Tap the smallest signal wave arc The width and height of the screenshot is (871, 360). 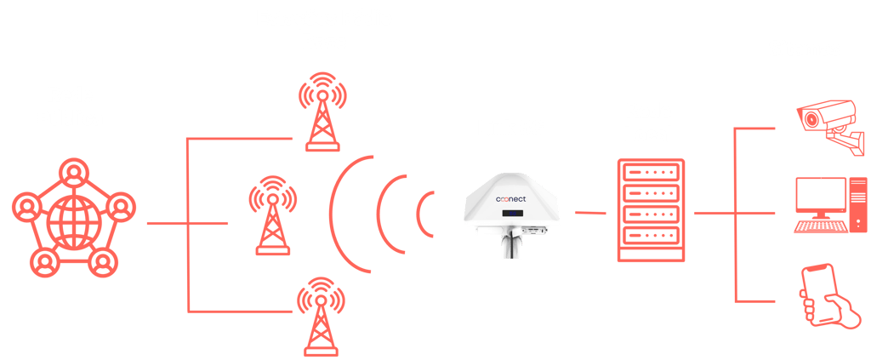click(426, 213)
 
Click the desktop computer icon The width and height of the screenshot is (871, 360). click(823, 205)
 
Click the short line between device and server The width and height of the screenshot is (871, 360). click(590, 212)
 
